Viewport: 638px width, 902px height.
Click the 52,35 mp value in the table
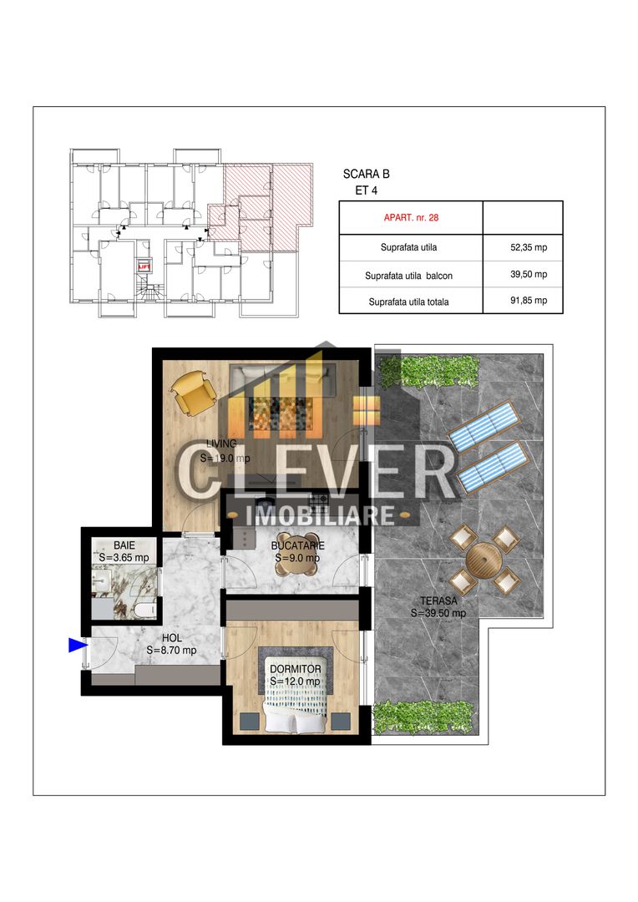[x=528, y=247]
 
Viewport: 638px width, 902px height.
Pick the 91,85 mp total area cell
[x=528, y=301]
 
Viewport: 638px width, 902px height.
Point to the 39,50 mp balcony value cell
[x=528, y=274]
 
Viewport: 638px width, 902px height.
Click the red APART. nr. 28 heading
[x=411, y=217]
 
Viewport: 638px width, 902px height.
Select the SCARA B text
[x=366, y=175]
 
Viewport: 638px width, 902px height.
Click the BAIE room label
[x=113, y=545]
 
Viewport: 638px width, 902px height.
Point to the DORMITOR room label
[x=295, y=669]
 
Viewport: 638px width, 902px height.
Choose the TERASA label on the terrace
[x=438, y=600]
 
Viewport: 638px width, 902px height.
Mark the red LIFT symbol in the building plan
[x=144, y=266]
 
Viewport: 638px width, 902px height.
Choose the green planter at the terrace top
[x=439, y=368]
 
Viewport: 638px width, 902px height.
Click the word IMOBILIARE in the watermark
[x=322, y=514]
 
